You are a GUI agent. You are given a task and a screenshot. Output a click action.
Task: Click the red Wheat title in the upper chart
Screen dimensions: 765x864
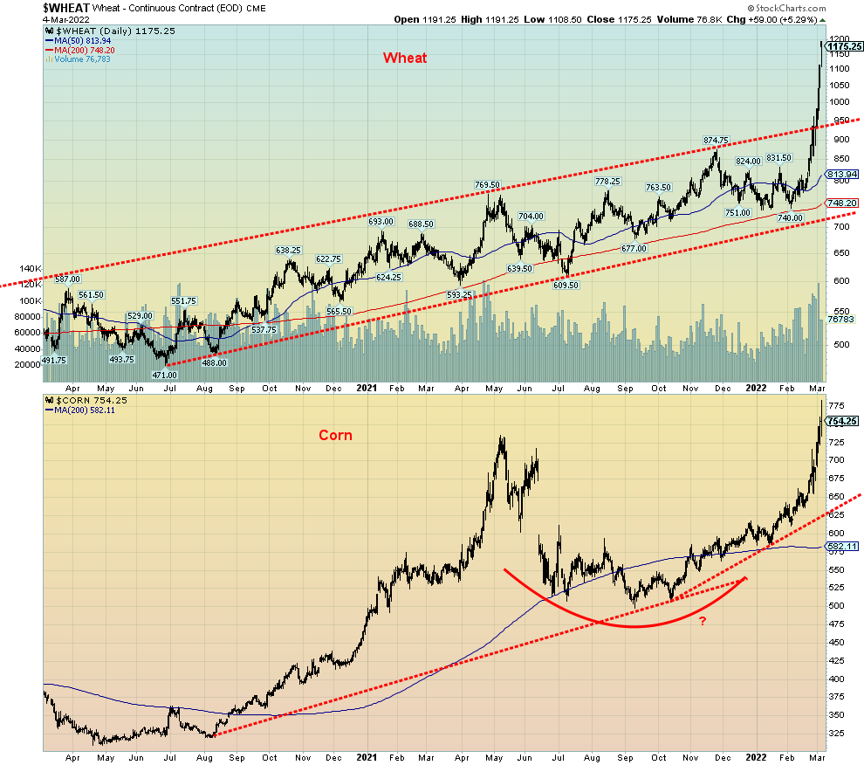[405, 58]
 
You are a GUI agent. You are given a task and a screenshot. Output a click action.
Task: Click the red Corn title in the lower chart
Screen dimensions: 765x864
[335, 435]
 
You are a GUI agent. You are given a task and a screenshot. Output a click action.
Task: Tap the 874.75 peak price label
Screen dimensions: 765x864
[717, 141]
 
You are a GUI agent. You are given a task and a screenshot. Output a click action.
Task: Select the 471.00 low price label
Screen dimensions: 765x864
[166, 375]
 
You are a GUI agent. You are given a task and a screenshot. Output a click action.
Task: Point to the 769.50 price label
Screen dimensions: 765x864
[487, 185]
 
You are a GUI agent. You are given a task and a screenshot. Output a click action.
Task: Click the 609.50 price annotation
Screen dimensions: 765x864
[566, 285]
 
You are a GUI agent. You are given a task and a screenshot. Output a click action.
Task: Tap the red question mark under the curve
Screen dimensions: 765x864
[702, 621]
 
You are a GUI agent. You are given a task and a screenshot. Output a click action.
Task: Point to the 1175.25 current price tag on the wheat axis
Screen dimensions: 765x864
[843, 46]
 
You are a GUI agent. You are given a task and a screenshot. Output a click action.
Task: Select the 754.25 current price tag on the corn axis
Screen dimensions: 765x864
[843, 421]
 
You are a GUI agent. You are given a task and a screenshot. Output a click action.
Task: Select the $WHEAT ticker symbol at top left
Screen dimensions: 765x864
[24, 7]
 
